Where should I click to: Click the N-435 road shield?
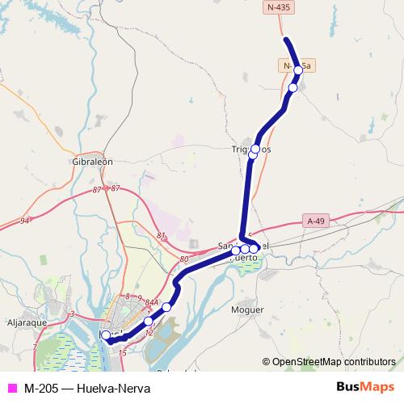(279, 7)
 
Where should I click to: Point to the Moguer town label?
(246, 309)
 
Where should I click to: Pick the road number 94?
(25, 220)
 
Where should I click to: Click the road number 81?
(161, 236)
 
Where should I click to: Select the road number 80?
(185, 259)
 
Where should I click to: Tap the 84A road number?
(151, 301)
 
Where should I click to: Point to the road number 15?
(122, 353)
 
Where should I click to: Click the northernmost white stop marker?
(298, 70)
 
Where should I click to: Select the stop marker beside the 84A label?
(166, 307)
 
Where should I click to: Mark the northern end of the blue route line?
(285, 39)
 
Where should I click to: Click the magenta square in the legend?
(11, 389)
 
